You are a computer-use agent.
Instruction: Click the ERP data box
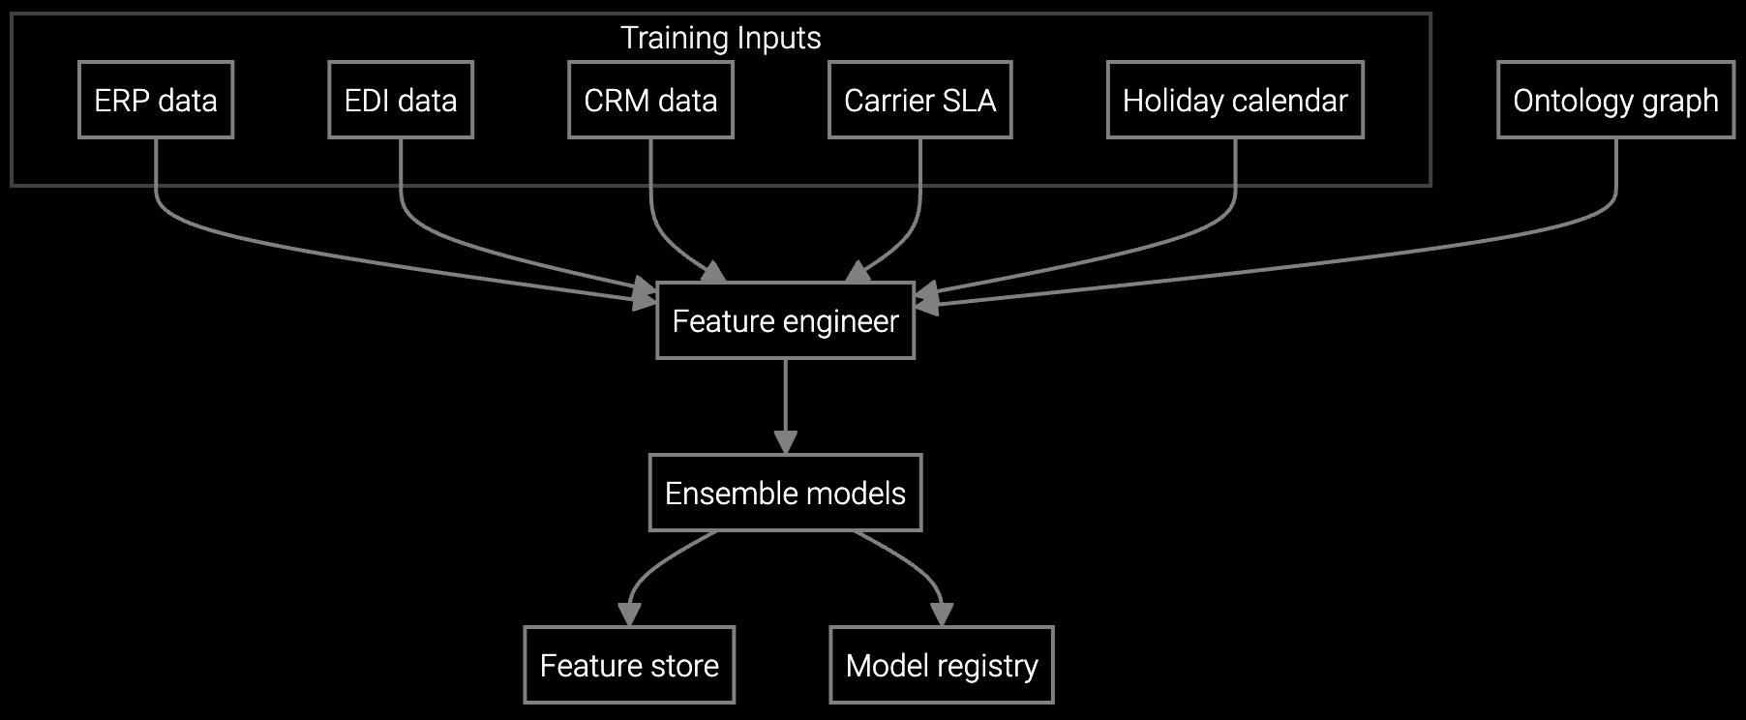click(x=155, y=100)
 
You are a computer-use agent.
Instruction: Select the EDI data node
click(x=400, y=100)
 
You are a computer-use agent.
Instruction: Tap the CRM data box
click(x=650, y=100)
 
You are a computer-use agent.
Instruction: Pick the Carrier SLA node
click(x=919, y=100)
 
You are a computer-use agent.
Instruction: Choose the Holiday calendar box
click(x=1235, y=100)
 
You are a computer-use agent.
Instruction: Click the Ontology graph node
click(x=1615, y=100)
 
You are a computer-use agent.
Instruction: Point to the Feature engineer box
click(x=785, y=320)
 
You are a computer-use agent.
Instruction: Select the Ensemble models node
click(x=785, y=493)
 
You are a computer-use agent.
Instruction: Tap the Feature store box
click(x=629, y=665)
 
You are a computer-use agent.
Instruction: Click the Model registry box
click(x=941, y=665)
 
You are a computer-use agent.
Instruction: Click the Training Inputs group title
click(x=720, y=38)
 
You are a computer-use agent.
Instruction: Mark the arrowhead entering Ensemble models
click(x=785, y=442)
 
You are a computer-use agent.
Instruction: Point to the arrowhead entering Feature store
click(x=629, y=615)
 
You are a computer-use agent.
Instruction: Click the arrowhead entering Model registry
click(x=942, y=615)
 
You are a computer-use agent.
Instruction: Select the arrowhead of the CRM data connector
click(x=713, y=272)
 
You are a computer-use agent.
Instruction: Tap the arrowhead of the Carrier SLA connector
click(x=858, y=272)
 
